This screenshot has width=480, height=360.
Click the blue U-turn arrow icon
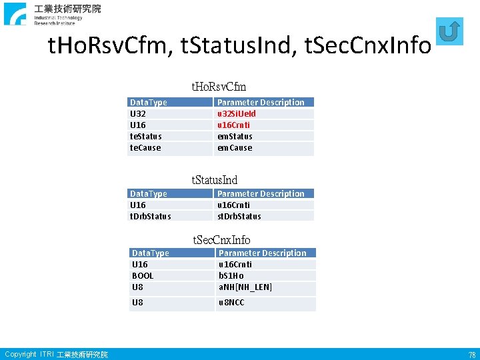coord(450,31)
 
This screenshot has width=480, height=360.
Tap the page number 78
coord(471,355)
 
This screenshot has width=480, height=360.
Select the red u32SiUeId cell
coord(237,113)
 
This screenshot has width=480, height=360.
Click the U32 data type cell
coord(138,113)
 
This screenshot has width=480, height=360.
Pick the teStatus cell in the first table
coord(145,136)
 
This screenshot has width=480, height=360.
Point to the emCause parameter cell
coord(235,147)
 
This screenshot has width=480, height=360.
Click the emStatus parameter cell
coord(235,136)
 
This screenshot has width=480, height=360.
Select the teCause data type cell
coord(145,147)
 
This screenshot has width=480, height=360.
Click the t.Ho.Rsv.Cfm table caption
coord(219,87)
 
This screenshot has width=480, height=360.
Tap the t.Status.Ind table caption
coord(215,180)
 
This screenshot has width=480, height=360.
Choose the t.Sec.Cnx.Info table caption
coord(221,239)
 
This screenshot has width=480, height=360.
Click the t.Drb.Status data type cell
coord(150,216)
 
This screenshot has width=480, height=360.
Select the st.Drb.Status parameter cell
coord(239,216)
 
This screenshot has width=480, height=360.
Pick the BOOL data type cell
coord(143,275)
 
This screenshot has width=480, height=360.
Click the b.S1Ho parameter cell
coord(231,275)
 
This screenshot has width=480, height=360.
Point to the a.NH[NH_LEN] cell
coord(245,287)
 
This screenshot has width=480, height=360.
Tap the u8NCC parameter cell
coord(231,303)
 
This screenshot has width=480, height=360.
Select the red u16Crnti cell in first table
coord(235,125)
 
